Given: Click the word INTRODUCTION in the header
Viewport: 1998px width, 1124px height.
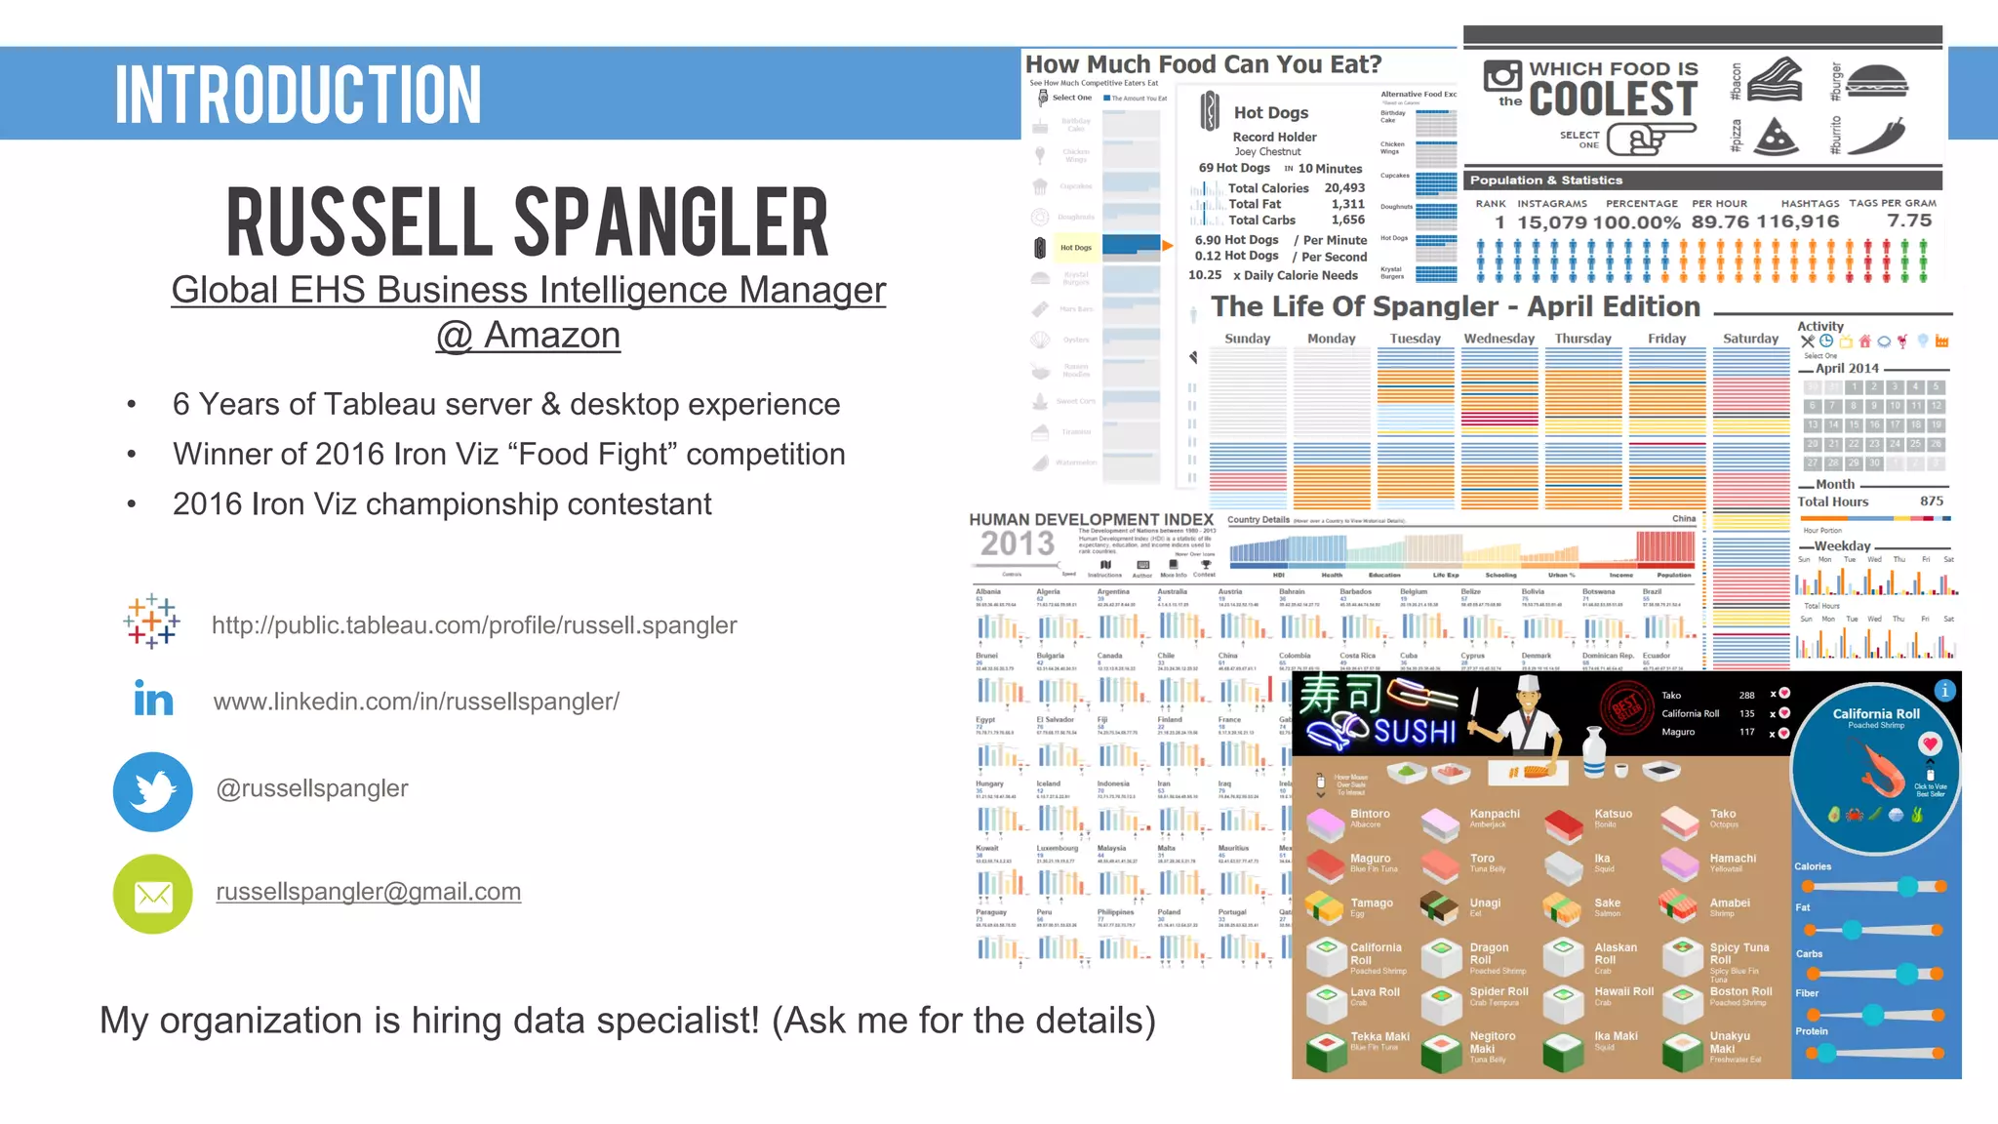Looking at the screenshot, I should point(299,95).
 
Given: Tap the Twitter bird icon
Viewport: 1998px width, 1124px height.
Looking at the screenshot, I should point(153,791).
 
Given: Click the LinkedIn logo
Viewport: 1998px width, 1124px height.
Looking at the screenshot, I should point(153,699).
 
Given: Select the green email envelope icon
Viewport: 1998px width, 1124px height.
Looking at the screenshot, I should point(153,894).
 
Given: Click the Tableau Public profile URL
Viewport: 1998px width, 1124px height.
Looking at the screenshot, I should point(474,625).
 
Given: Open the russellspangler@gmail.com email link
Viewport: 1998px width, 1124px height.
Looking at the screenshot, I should point(368,892).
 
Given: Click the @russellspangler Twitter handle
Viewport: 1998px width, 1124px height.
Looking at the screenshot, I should point(312,788).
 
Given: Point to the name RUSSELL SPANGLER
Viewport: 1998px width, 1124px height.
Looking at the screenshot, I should point(528,223).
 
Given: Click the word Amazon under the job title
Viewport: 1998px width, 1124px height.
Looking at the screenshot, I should point(552,335).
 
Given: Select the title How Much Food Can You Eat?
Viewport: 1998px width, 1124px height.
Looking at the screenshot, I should point(1203,64).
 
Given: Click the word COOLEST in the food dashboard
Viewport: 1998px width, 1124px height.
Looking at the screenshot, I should point(1614,100).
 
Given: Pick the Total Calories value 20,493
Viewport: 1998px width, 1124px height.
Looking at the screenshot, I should point(1344,188).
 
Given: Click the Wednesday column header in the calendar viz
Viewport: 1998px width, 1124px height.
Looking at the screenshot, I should point(1498,339).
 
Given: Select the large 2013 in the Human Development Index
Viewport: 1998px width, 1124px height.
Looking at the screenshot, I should point(1017,543).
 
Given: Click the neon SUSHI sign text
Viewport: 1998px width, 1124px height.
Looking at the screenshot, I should point(1415,732).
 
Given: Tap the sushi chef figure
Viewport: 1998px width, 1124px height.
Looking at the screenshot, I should point(1526,718).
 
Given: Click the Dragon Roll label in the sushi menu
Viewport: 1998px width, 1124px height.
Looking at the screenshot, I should point(1489,947).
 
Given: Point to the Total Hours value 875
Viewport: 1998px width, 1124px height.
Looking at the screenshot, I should point(1932,502).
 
